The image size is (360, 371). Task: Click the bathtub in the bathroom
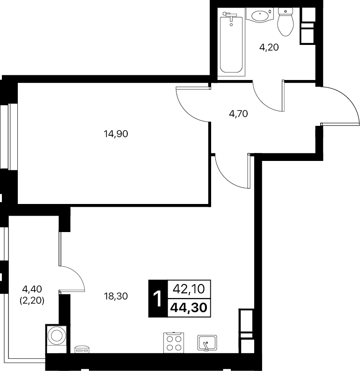pos(231,44)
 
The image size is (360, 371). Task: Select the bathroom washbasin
pos(260,15)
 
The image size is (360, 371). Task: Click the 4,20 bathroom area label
pos(269,48)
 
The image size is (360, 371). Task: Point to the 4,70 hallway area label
pos(238,114)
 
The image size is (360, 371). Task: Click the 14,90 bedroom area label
pos(116,134)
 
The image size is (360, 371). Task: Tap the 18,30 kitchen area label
pos(116,296)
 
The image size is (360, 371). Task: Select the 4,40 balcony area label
pos(32,289)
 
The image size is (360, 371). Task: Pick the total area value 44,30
pos(189,307)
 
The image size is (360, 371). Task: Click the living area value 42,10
pos(189,289)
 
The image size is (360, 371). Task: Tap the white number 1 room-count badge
pos(157,298)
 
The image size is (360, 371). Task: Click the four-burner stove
pos(174,342)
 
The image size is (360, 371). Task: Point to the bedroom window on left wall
pos(9,137)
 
